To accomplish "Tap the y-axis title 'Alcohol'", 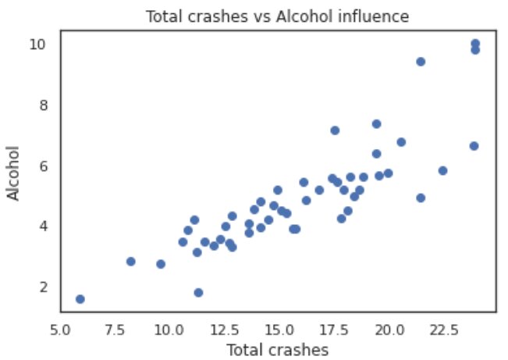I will tap(15, 171).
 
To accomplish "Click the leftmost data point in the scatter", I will tap(80, 299).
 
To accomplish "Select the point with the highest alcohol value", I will tap(475, 44).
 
